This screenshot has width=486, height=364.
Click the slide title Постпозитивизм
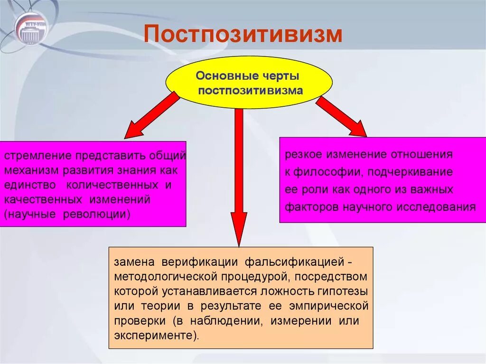(243, 34)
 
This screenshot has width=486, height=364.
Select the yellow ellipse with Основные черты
(249, 83)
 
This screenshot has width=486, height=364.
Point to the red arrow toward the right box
(341, 116)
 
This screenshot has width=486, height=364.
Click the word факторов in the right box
(307, 207)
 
